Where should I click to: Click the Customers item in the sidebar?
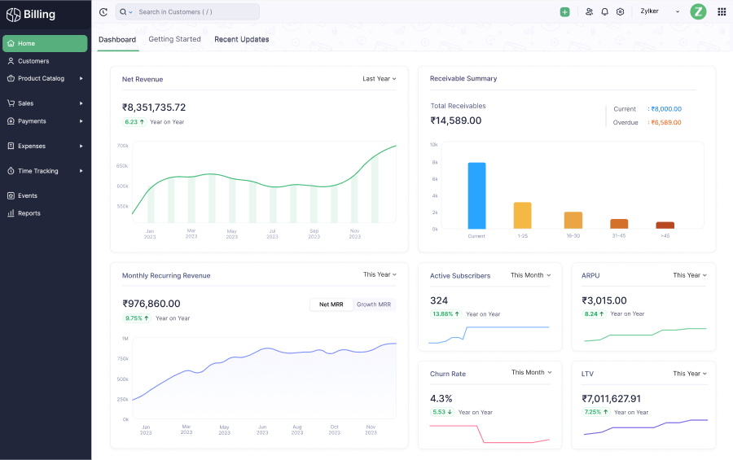pos(33,61)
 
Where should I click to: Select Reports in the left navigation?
pos(29,213)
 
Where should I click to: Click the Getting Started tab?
pos(174,39)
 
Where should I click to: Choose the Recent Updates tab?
pos(241,39)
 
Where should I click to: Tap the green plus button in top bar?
pos(565,12)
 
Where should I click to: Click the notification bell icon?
pos(604,12)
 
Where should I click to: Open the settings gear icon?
pos(620,12)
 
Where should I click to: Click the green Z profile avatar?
pos(698,11)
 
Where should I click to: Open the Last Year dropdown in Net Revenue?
pos(380,79)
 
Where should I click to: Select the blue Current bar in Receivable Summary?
pos(476,195)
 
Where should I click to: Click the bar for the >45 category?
pos(665,226)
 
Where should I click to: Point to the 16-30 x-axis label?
pos(573,236)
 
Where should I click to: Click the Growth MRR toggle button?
pos(374,304)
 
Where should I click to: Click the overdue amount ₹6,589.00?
pos(665,123)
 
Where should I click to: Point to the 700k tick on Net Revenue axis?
pos(122,146)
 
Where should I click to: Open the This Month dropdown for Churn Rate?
pos(531,373)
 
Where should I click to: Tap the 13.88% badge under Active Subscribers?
pos(446,314)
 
